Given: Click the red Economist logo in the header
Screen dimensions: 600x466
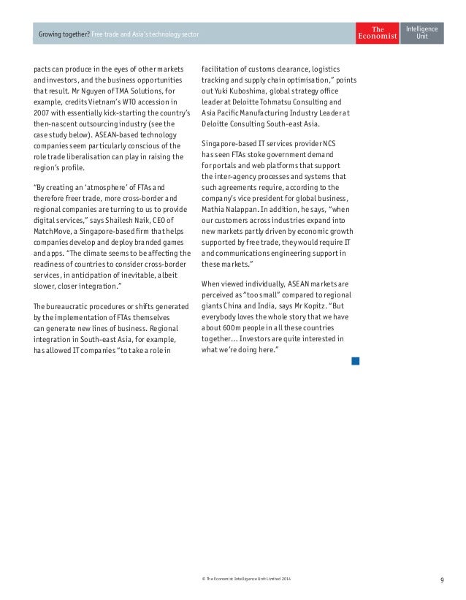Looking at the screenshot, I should click(377, 33).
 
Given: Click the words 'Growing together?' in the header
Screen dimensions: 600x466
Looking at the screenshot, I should click(65, 34).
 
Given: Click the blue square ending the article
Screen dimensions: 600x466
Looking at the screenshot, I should click(355, 361).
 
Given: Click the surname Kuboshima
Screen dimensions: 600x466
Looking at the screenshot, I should click(258, 90).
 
